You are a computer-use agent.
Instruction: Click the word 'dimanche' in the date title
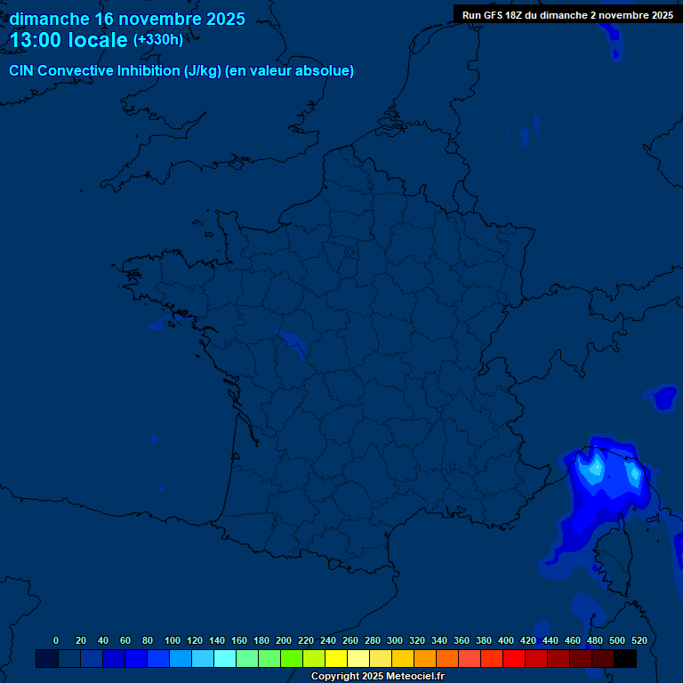pos(49,19)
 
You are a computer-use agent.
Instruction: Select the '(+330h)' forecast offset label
pos(158,40)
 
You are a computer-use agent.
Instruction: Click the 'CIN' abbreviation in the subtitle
pos(21,71)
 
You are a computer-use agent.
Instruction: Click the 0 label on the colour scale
pos(56,640)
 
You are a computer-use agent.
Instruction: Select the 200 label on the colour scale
pos(284,640)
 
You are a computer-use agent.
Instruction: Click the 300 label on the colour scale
pos(394,640)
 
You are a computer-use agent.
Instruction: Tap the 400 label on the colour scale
pos(505,640)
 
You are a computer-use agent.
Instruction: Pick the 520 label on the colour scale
pos(639,640)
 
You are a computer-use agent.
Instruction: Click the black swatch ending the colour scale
pos(624,659)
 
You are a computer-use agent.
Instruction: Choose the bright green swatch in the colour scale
pos(291,659)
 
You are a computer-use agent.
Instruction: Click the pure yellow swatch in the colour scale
pos(335,659)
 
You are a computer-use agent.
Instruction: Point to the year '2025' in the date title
pos(225,19)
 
